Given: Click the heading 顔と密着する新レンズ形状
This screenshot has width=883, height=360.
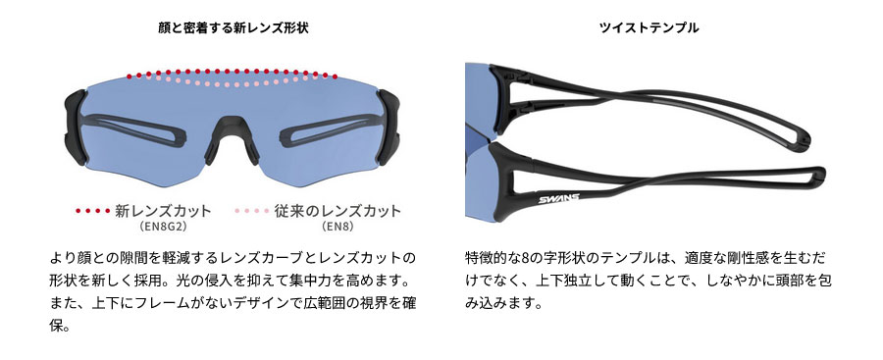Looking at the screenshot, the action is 234,27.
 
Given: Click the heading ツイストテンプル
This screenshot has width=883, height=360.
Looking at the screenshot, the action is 649,27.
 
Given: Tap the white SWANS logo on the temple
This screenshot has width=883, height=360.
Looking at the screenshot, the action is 558,198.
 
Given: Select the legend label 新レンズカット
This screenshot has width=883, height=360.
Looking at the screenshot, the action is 163,211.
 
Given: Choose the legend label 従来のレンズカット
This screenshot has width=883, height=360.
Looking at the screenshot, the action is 338,211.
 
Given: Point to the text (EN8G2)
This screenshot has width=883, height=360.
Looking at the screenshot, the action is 163,227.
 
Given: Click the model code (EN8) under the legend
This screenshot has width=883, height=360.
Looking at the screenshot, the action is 338,227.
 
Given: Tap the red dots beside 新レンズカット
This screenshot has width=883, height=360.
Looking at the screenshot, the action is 93,211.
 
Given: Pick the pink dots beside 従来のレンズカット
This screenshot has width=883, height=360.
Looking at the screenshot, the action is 252,211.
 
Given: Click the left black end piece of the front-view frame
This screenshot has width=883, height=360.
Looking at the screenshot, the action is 76,128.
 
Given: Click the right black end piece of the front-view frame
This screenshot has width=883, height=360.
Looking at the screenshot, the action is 389,128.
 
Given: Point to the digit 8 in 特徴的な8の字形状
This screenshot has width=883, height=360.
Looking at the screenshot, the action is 525,259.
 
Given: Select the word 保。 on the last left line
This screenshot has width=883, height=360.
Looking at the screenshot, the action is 59,327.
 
